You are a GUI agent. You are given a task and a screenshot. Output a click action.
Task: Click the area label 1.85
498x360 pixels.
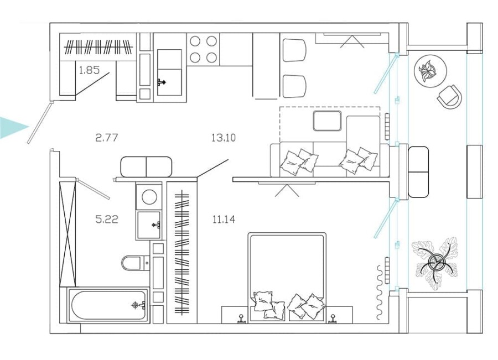[x=89, y=70]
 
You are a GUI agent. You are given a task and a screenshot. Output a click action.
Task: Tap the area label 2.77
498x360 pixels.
[x=107, y=138]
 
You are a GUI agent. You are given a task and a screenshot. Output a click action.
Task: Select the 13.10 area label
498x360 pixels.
[x=223, y=138]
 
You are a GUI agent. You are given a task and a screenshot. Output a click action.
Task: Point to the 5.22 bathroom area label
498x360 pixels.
[x=107, y=219]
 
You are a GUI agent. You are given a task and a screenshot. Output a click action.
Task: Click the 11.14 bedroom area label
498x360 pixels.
[x=224, y=220]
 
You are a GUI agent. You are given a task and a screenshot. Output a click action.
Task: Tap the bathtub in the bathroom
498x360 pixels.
[x=108, y=305]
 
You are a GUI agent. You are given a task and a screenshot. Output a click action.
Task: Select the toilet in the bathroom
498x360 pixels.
[x=134, y=263]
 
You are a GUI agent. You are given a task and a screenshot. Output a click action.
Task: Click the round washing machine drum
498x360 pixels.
[x=149, y=196]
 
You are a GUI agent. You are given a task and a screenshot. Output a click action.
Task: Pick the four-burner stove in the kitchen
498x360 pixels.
[x=203, y=49]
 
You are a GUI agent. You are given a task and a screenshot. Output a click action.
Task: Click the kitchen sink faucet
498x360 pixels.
[x=162, y=82]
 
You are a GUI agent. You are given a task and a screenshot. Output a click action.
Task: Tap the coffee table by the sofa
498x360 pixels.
[x=327, y=120]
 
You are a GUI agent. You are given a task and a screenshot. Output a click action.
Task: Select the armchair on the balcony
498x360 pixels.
[x=449, y=97]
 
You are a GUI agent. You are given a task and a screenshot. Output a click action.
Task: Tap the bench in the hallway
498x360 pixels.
[x=146, y=166]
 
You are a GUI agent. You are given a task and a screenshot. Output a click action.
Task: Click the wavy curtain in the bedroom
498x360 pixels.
[x=380, y=291]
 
